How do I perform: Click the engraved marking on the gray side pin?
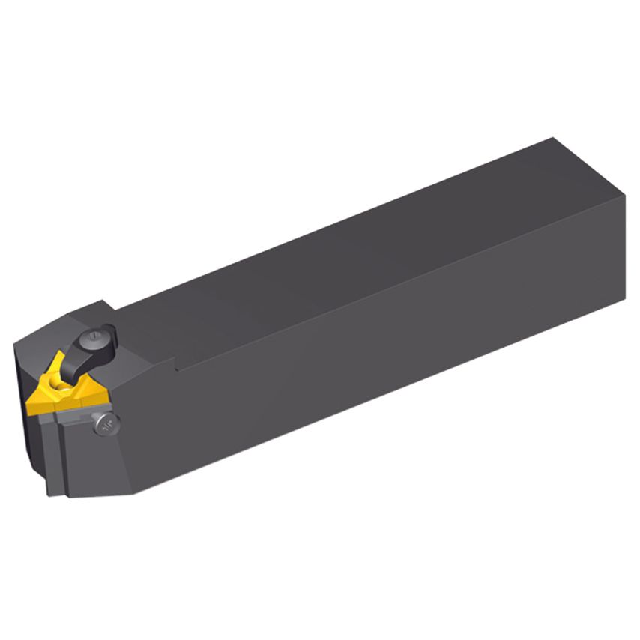tap(106, 425)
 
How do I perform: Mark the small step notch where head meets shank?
tap(177, 367)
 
